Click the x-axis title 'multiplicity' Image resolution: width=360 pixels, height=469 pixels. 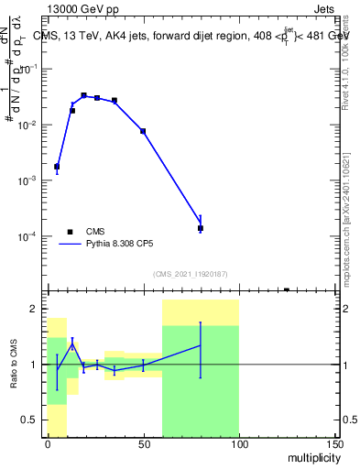click(x=311, y=456)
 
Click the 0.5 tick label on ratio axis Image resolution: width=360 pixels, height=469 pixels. click(x=31, y=420)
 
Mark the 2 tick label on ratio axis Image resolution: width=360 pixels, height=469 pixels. click(x=36, y=310)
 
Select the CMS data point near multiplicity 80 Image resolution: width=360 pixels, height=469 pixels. click(x=201, y=228)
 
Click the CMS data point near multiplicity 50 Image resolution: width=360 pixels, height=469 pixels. click(x=143, y=131)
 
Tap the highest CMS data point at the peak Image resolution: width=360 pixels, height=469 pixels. click(x=83, y=95)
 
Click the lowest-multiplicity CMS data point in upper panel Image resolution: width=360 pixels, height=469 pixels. click(x=57, y=167)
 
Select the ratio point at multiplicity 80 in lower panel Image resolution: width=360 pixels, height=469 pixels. click(x=201, y=345)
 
